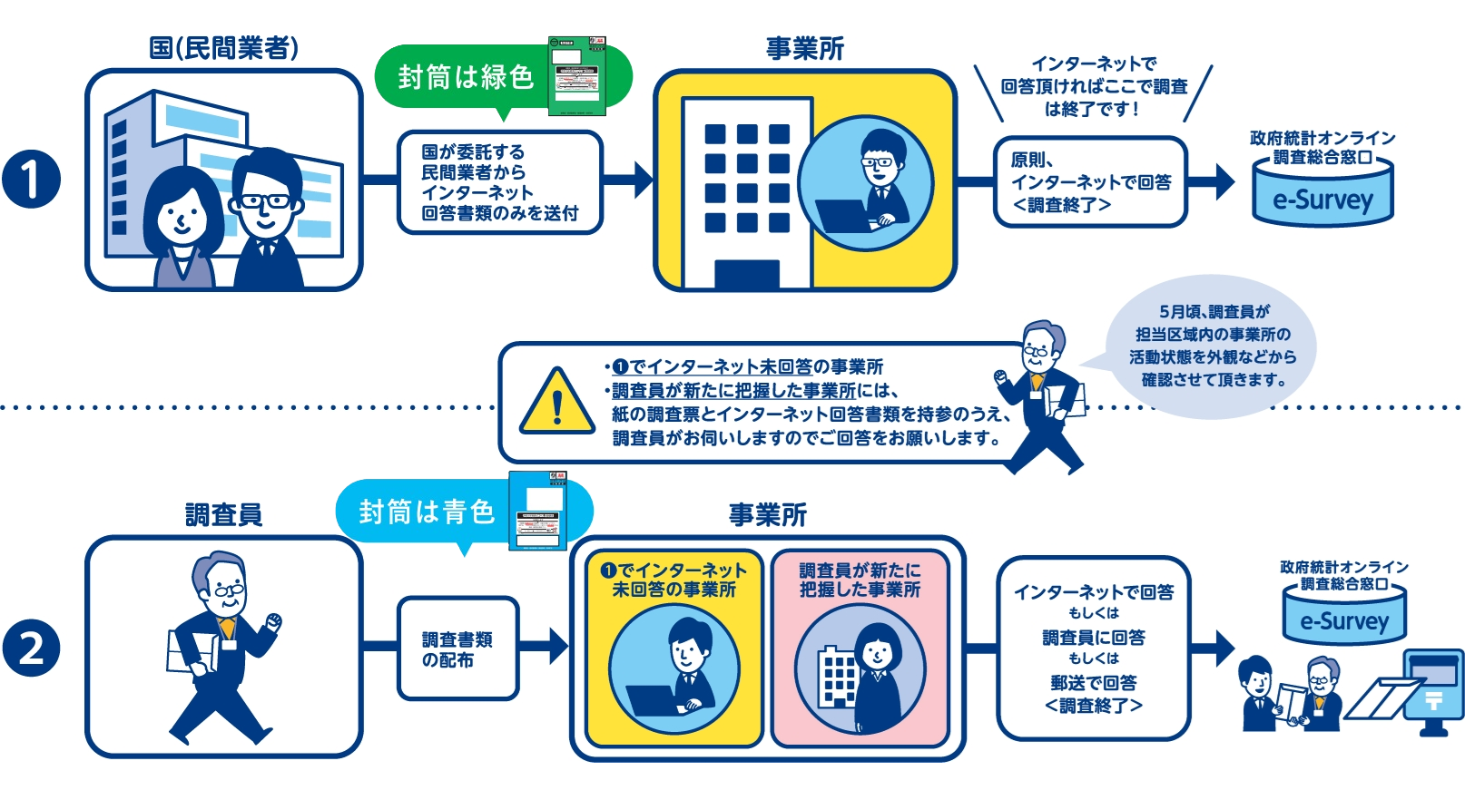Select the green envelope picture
pos(576,76)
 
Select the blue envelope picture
pos(537,511)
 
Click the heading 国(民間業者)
pos(223,47)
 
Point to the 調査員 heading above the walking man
pos(223,515)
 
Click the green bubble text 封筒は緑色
pos(465,77)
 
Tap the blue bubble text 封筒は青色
pos(426,512)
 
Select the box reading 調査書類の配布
pos(457,649)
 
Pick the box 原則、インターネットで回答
pos(1090,182)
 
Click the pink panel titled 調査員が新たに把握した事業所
pos(860,649)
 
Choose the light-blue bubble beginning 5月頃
pos(1211,346)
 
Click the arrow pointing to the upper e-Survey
pos(1214,181)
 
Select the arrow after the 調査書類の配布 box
pos(546,646)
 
